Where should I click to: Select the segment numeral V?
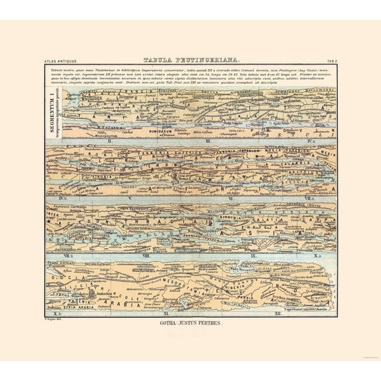click(131, 198)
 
